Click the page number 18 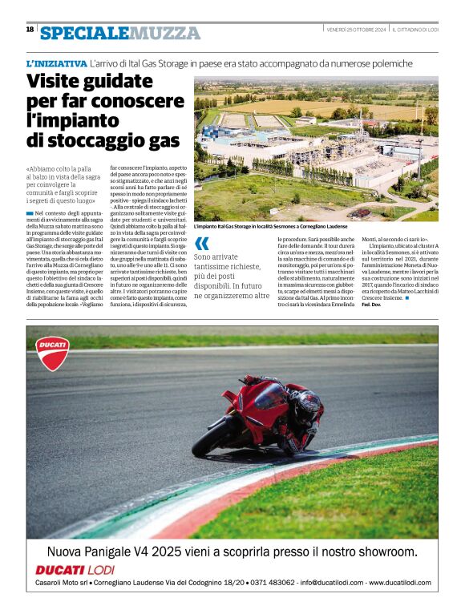[30, 29]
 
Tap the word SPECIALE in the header [84, 33]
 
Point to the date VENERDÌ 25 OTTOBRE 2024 [356, 30]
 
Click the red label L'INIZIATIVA [56, 63]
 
